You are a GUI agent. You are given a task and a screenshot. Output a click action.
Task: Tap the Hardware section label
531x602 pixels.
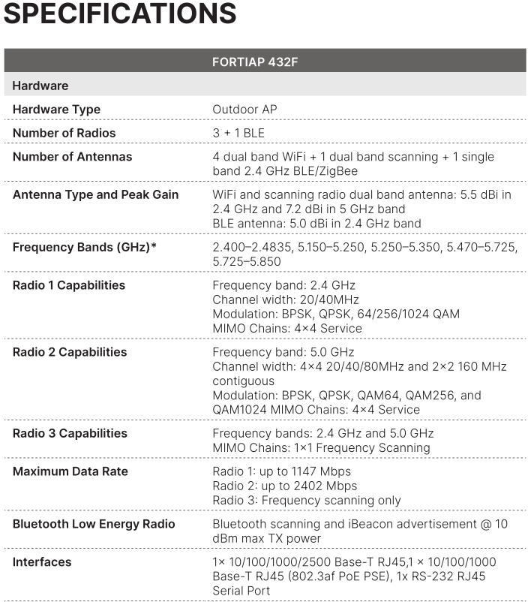pyautogui.click(x=40, y=86)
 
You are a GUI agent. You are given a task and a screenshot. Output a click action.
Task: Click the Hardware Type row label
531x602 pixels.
pyautogui.click(x=56, y=110)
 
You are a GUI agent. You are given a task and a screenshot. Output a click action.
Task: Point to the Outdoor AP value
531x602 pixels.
pyautogui.click(x=244, y=110)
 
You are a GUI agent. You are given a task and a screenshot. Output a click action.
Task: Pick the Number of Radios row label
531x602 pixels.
pyautogui.click(x=64, y=133)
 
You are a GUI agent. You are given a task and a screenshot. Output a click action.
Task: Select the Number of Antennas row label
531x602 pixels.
pyautogui.click(x=72, y=157)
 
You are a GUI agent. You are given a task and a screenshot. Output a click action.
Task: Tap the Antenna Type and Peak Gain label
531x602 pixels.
pyautogui.click(x=95, y=195)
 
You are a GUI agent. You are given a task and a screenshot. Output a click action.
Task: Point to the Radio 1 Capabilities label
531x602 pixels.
pyautogui.click(x=69, y=285)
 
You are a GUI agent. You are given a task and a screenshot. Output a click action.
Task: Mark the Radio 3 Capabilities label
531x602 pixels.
pyautogui.click(x=70, y=433)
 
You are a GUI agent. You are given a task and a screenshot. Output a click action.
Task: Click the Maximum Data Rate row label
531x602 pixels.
pyautogui.click(x=70, y=471)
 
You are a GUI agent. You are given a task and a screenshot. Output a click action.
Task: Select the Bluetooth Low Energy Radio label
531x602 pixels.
pyautogui.click(x=94, y=524)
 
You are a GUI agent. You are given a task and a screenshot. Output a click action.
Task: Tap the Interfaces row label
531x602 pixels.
pyautogui.click(x=42, y=562)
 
